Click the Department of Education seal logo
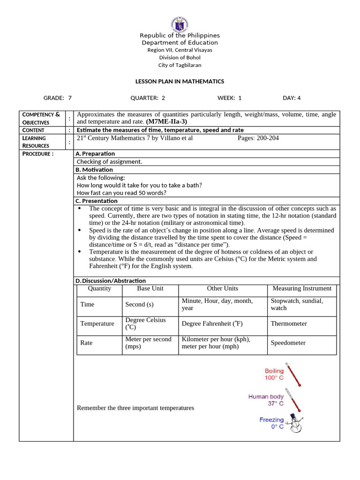(x=180, y=23)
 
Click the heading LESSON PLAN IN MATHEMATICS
(x=180, y=82)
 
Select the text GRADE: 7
(x=57, y=98)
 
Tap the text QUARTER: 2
(x=148, y=98)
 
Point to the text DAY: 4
(x=292, y=98)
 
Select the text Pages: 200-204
(x=258, y=138)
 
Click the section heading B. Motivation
(x=94, y=170)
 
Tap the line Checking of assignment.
(x=109, y=162)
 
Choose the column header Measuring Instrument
(x=302, y=289)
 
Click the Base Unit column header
(x=150, y=289)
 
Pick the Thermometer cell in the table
(x=289, y=323)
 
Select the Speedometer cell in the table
(x=288, y=343)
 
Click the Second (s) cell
(x=139, y=304)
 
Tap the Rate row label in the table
(x=86, y=343)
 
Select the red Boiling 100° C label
(x=274, y=374)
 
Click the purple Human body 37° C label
(x=266, y=400)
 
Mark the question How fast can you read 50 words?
(x=121, y=193)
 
